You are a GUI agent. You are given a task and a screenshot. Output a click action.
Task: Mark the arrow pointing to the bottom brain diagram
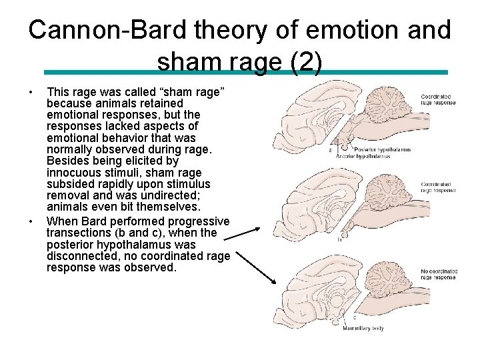coord(256,267)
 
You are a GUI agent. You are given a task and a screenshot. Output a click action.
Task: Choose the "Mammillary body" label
coord(363,328)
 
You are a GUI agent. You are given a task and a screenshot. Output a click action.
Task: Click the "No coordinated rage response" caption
coord(439,274)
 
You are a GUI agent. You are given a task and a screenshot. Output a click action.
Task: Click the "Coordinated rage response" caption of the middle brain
coord(438,187)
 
